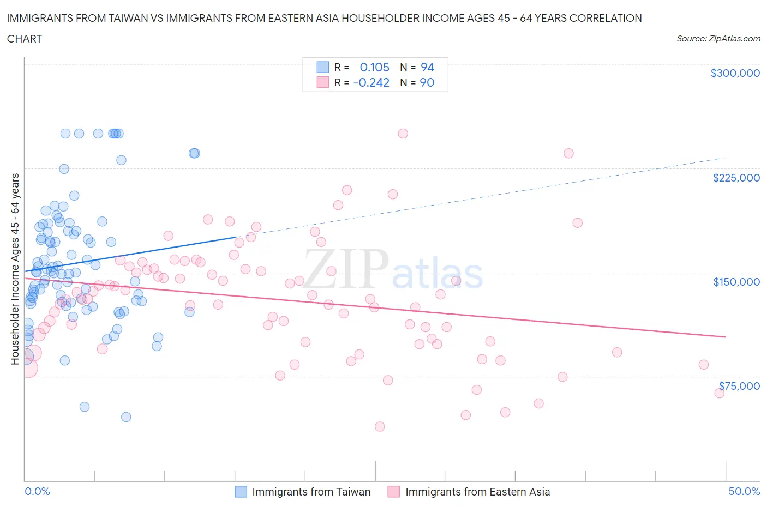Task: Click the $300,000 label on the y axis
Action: point(735,73)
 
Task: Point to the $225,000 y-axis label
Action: point(736,178)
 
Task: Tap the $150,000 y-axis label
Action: point(736,282)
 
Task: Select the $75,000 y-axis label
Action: point(739,386)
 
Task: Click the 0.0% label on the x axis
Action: point(37,491)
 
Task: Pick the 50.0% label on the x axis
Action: point(744,491)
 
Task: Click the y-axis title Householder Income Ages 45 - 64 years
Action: point(15,269)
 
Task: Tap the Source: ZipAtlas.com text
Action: point(718,39)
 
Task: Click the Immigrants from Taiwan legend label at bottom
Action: point(311,492)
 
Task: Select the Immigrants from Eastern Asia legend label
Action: point(477,492)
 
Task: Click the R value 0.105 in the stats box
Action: point(374,67)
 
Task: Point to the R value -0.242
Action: point(371,82)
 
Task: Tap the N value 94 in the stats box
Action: point(427,67)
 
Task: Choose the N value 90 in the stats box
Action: point(427,82)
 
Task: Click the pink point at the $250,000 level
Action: point(403,134)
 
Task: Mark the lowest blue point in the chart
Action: point(126,417)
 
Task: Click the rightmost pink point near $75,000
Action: point(719,393)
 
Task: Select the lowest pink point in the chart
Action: point(380,426)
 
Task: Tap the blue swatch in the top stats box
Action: point(323,67)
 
